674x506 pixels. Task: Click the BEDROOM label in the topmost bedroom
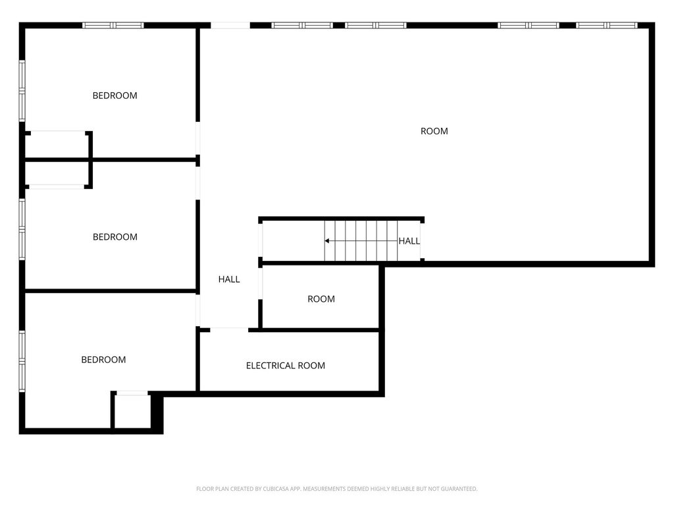pos(115,96)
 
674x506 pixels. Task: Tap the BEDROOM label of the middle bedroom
pos(115,237)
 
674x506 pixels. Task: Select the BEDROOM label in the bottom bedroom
pos(103,360)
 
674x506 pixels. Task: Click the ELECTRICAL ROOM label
pos(286,366)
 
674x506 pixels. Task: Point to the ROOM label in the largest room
pos(434,131)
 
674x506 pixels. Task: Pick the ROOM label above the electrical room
pos(321,299)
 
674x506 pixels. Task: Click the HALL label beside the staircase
pos(409,241)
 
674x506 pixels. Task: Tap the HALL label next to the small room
pos(229,279)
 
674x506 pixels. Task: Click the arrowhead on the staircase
pos(327,241)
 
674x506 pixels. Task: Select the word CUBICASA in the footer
pos(276,489)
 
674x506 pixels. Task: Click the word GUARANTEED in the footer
pos(459,489)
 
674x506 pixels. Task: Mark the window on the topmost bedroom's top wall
pos(113,26)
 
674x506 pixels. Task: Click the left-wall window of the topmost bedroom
pos(22,91)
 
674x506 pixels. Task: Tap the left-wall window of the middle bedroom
pos(22,229)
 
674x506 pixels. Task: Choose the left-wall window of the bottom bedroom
pos(22,361)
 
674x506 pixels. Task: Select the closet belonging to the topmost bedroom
pos(58,145)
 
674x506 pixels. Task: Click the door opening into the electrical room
pos(229,330)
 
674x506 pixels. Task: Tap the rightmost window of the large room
pos(606,26)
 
